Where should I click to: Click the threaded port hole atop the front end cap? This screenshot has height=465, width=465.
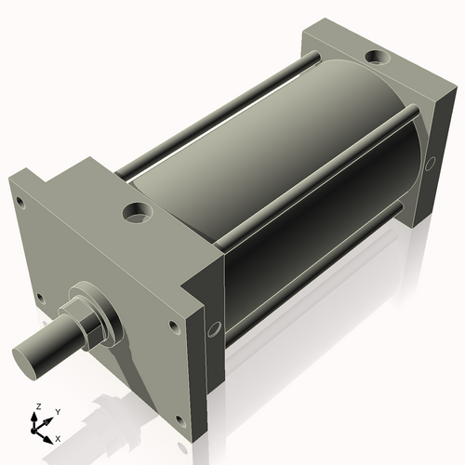(138, 212)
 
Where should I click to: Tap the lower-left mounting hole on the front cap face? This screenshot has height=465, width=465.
(39, 299)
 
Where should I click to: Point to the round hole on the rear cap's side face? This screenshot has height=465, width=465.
(431, 164)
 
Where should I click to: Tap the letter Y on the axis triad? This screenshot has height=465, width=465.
(57, 411)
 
